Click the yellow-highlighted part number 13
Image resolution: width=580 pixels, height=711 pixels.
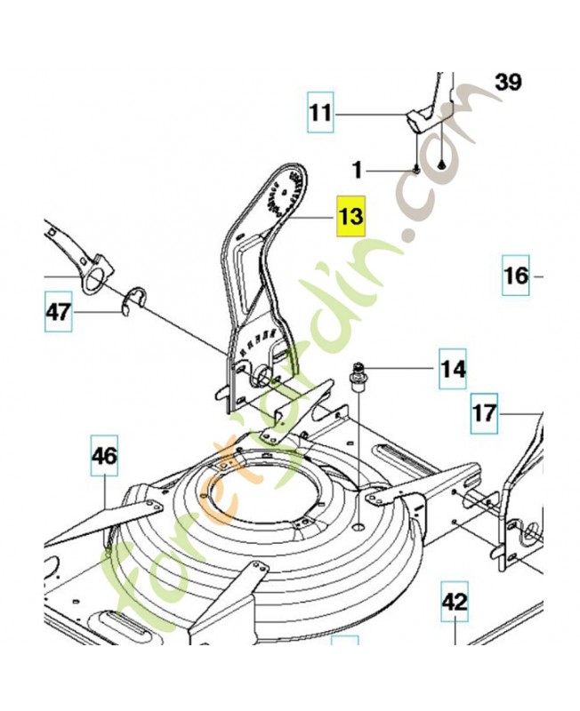pos(350,216)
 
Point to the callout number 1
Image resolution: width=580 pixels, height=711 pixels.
pos(358,169)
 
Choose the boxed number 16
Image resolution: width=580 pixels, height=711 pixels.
pos(516,275)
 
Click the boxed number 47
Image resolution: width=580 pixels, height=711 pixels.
pos(58,312)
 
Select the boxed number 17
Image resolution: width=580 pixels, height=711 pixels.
pos(485,413)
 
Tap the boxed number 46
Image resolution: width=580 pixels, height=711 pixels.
pos(104,457)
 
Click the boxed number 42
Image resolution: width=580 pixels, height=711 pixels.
pos(455,603)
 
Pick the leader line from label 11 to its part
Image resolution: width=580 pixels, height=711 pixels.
pos(368,113)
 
